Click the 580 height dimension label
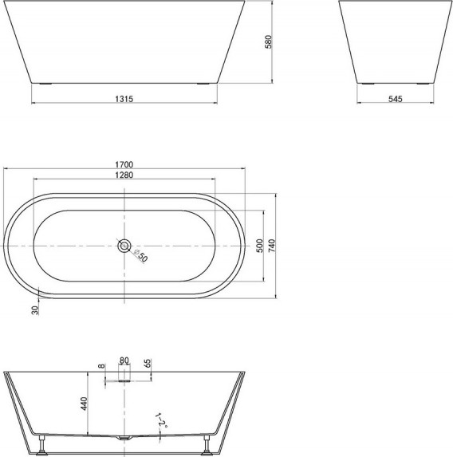(x=269, y=41)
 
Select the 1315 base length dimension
(x=124, y=99)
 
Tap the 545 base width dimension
(x=396, y=99)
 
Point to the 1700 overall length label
(x=124, y=164)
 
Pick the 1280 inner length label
(x=124, y=175)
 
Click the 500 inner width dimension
(x=260, y=246)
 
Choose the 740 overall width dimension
(x=271, y=246)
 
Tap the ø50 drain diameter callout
(x=140, y=255)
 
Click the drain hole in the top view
(x=124, y=246)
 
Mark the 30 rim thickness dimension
(x=35, y=310)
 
